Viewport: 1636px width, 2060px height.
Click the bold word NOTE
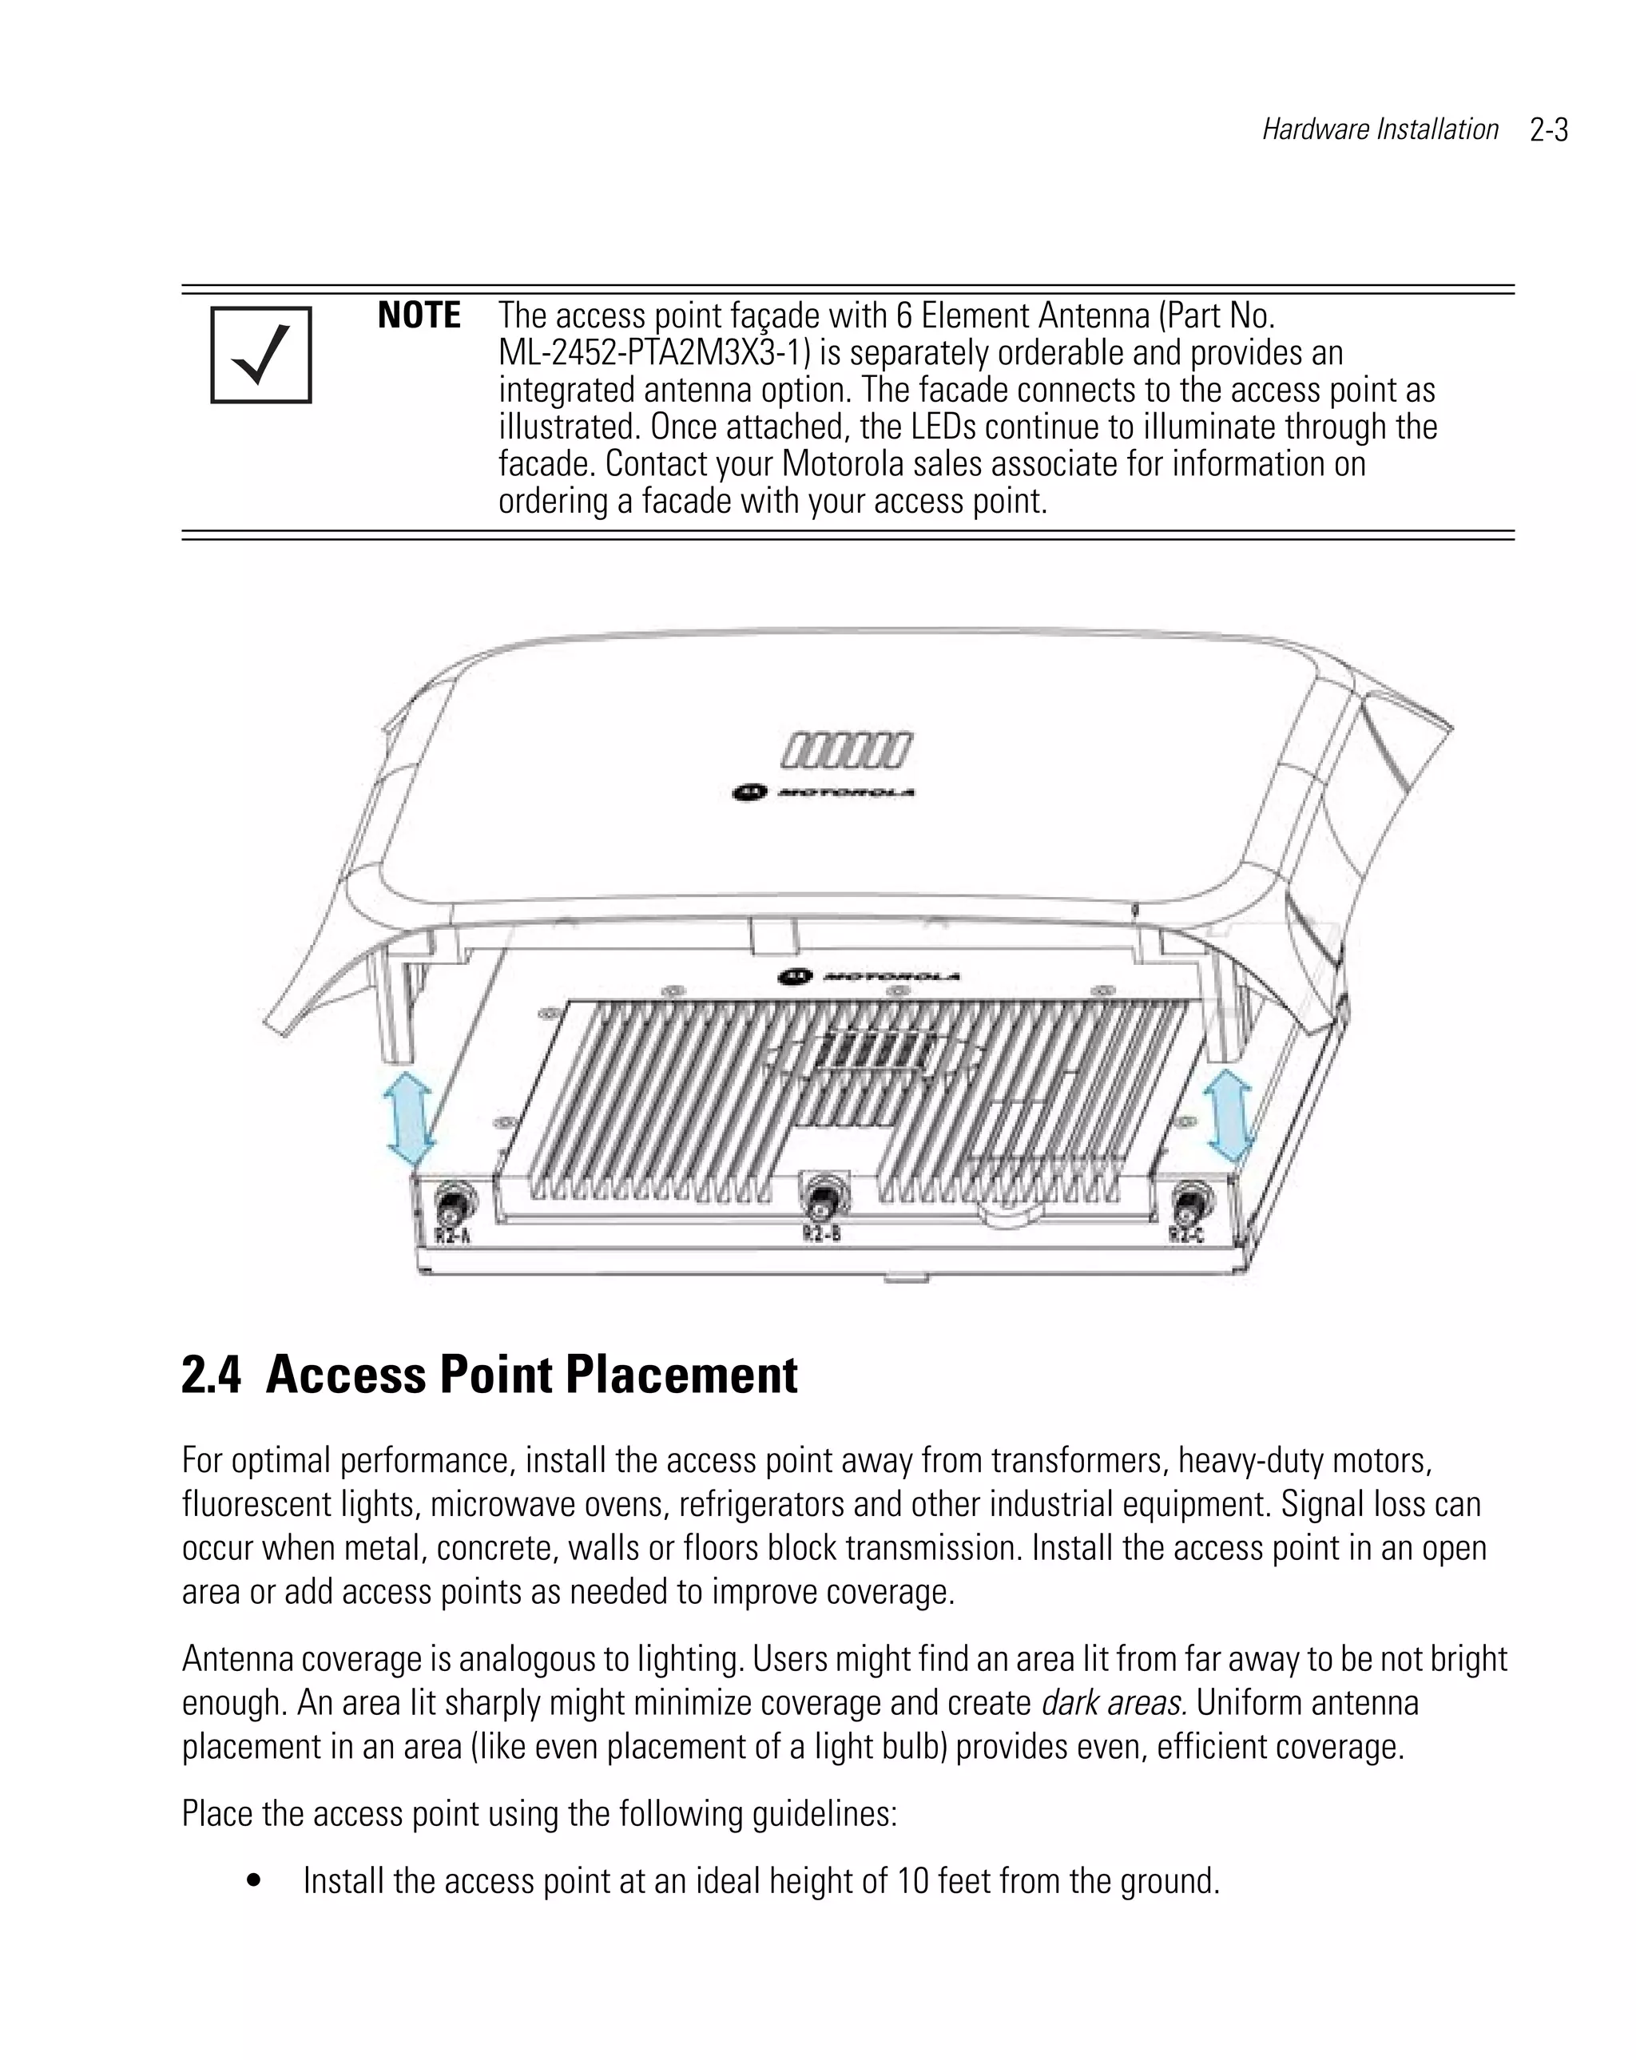pos(419,316)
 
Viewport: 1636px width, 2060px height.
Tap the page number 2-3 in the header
pos(1548,130)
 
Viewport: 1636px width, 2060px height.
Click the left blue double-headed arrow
pos(409,1116)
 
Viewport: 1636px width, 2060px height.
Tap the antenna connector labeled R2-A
pos(450,1201)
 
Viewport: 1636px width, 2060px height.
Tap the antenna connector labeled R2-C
pos(1189,1200)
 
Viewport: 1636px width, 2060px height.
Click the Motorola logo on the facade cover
pos(823,792)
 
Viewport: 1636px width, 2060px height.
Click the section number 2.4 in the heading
pos(210,1376)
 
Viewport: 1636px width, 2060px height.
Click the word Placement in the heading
pos(681,1376)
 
